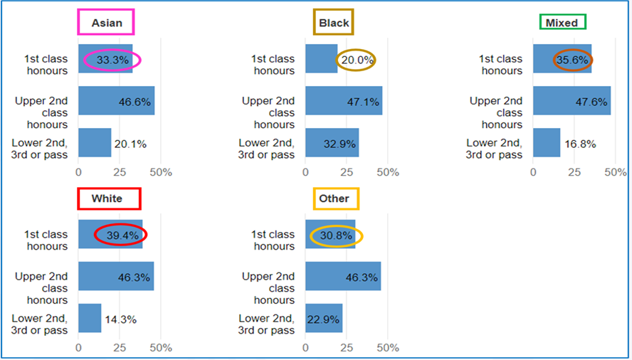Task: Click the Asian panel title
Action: pos(107,23)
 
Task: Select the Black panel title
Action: pos(334,23)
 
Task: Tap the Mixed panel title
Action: pos(562,23)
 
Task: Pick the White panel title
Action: pos(107,198)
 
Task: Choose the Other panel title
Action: pos(334,198)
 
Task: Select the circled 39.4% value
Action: pos(120,234)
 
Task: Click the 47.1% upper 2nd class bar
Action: pos(344,101)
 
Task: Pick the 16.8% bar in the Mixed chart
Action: pos(547,143)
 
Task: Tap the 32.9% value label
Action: pos(339,143)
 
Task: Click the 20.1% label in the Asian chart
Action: pos(130,144)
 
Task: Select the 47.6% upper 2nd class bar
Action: pos(572,101)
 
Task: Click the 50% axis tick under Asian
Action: pos(161,172)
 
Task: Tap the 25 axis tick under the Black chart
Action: pos(347,172)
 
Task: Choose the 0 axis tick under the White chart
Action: pos(78,348)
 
